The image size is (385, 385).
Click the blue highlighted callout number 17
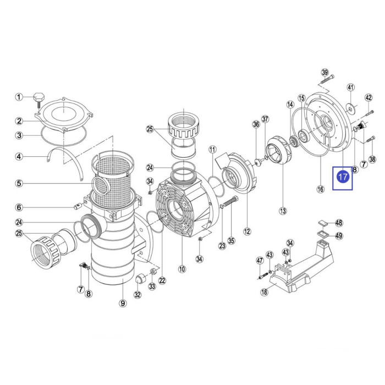tap(342, 177)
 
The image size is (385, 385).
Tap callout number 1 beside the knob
tap(19, 97)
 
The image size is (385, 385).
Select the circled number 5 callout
tap(19, 183)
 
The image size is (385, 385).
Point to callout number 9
tap(123, 302)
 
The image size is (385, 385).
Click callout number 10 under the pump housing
tap(182, 269)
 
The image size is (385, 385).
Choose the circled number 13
tap(283, 210)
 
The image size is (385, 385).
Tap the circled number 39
tap(324, 73)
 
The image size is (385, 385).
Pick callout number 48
tap(339, 223)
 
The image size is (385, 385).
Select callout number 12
tap(247, 232)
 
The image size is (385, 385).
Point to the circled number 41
tap(351, 87)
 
